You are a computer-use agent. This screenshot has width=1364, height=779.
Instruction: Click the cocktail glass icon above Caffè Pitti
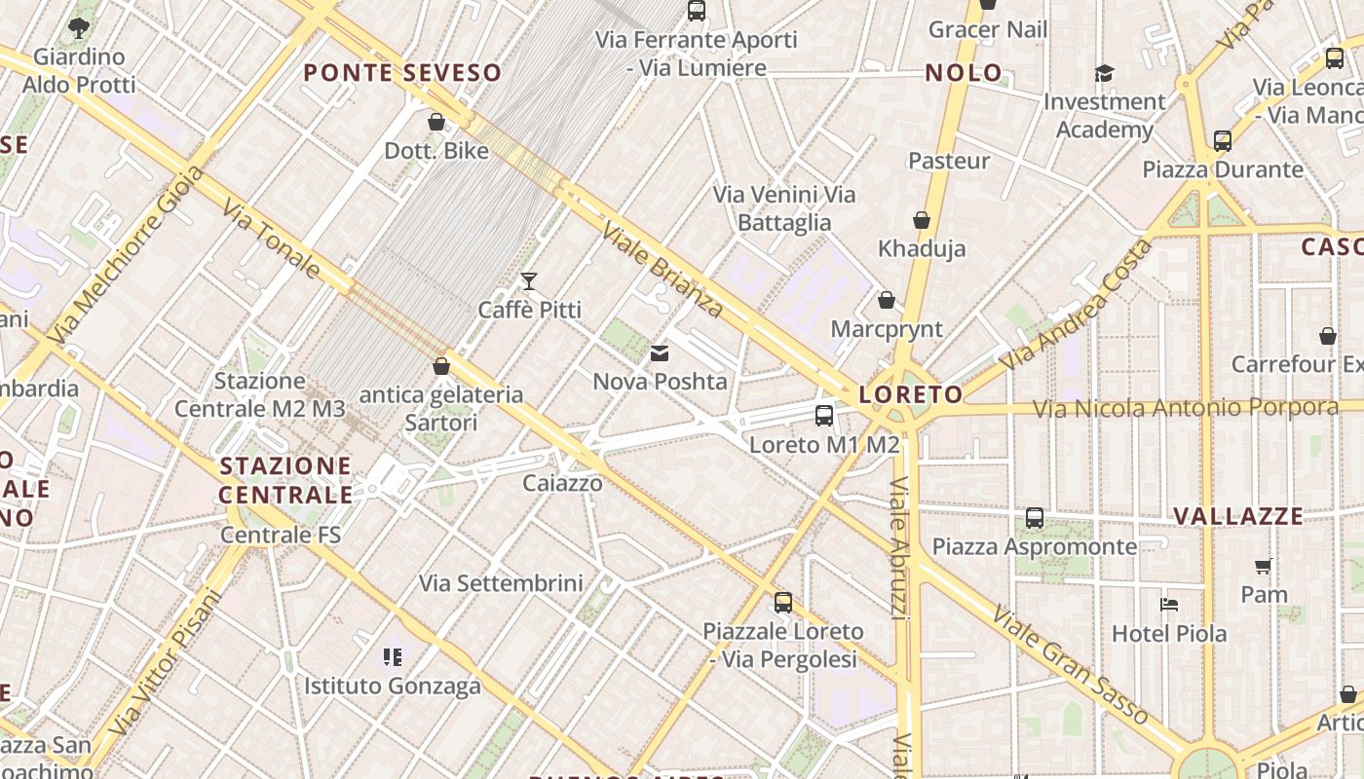click(529, 281)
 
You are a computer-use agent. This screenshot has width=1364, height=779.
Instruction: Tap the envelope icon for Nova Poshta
click(660, 352)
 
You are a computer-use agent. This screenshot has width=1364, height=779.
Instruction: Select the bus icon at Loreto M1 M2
click(824, 416)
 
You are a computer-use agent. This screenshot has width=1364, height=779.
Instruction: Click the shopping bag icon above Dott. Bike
click(436, 122)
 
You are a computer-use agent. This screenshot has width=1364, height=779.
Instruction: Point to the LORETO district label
click(911, 394)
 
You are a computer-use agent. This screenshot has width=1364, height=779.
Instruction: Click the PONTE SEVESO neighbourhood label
click(402, 73)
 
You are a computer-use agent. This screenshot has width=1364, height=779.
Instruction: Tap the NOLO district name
click(964, 73)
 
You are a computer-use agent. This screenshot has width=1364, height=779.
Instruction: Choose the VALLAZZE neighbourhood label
click(1237, 516)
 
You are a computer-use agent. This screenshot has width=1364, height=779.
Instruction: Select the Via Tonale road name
click(271, 239)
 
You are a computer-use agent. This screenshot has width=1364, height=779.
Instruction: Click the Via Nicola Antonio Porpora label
click(1185, 408)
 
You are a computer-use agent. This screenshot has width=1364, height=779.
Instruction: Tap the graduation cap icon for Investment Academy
click(1104, 73)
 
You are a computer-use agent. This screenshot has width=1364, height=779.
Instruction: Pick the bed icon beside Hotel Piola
click(1169, 605)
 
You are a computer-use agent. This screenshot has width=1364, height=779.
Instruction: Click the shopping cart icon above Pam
click(1264, 566)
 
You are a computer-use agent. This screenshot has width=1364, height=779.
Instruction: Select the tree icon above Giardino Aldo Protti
click(80, 28)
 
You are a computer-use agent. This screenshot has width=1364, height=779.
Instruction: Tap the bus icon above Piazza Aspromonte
click(1035, 518)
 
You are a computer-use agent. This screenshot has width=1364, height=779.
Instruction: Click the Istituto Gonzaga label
click(393, 686)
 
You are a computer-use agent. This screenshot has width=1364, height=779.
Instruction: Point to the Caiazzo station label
click(562, 483)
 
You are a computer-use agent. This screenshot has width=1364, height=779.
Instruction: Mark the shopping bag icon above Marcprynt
click(887, 300)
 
